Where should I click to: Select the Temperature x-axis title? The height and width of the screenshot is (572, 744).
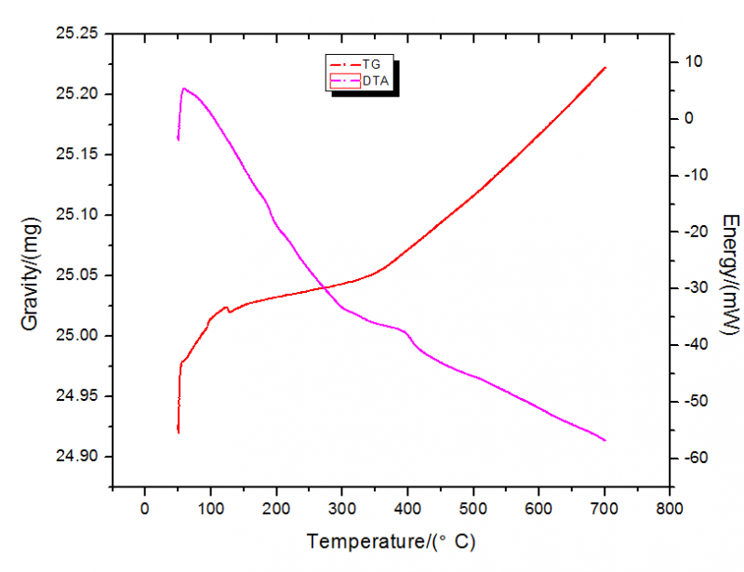pos(391,540)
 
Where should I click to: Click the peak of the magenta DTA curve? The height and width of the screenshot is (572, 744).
pos(183,88)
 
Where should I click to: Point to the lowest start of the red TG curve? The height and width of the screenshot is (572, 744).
pos(178,432)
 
